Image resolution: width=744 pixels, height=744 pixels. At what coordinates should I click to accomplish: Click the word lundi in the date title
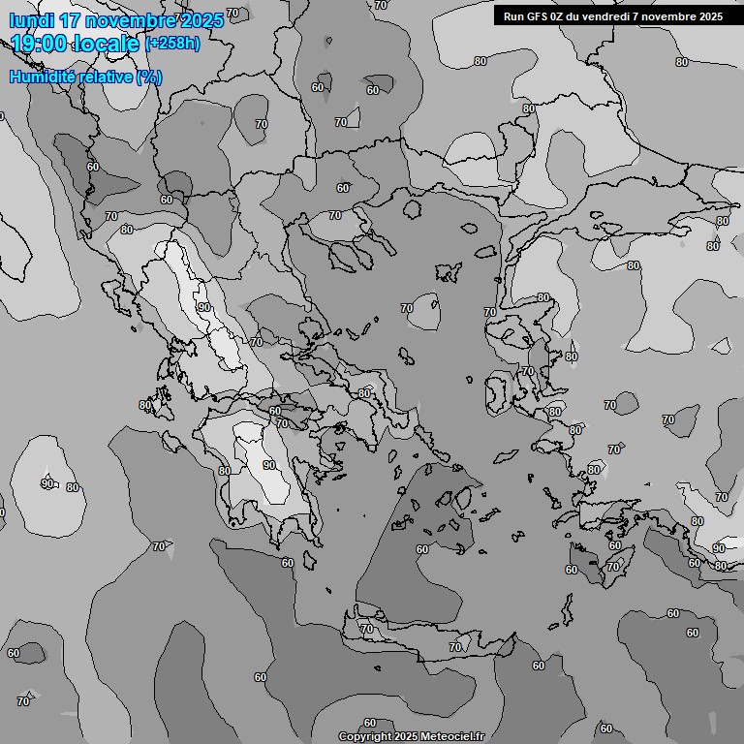coord(31,19)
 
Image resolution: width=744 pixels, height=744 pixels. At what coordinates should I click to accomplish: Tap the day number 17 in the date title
coord(73,19)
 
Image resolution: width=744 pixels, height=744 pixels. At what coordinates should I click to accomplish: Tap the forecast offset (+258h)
coord(172,44)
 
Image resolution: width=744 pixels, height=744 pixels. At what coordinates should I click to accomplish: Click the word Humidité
coord(42,77)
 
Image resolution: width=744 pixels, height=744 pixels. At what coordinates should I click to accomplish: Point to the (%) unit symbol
coord(149,77)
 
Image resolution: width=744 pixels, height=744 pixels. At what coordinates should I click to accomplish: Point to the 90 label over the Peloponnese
coord(269,465)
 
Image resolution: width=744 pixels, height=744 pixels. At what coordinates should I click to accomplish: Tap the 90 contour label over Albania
coord(203,307)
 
